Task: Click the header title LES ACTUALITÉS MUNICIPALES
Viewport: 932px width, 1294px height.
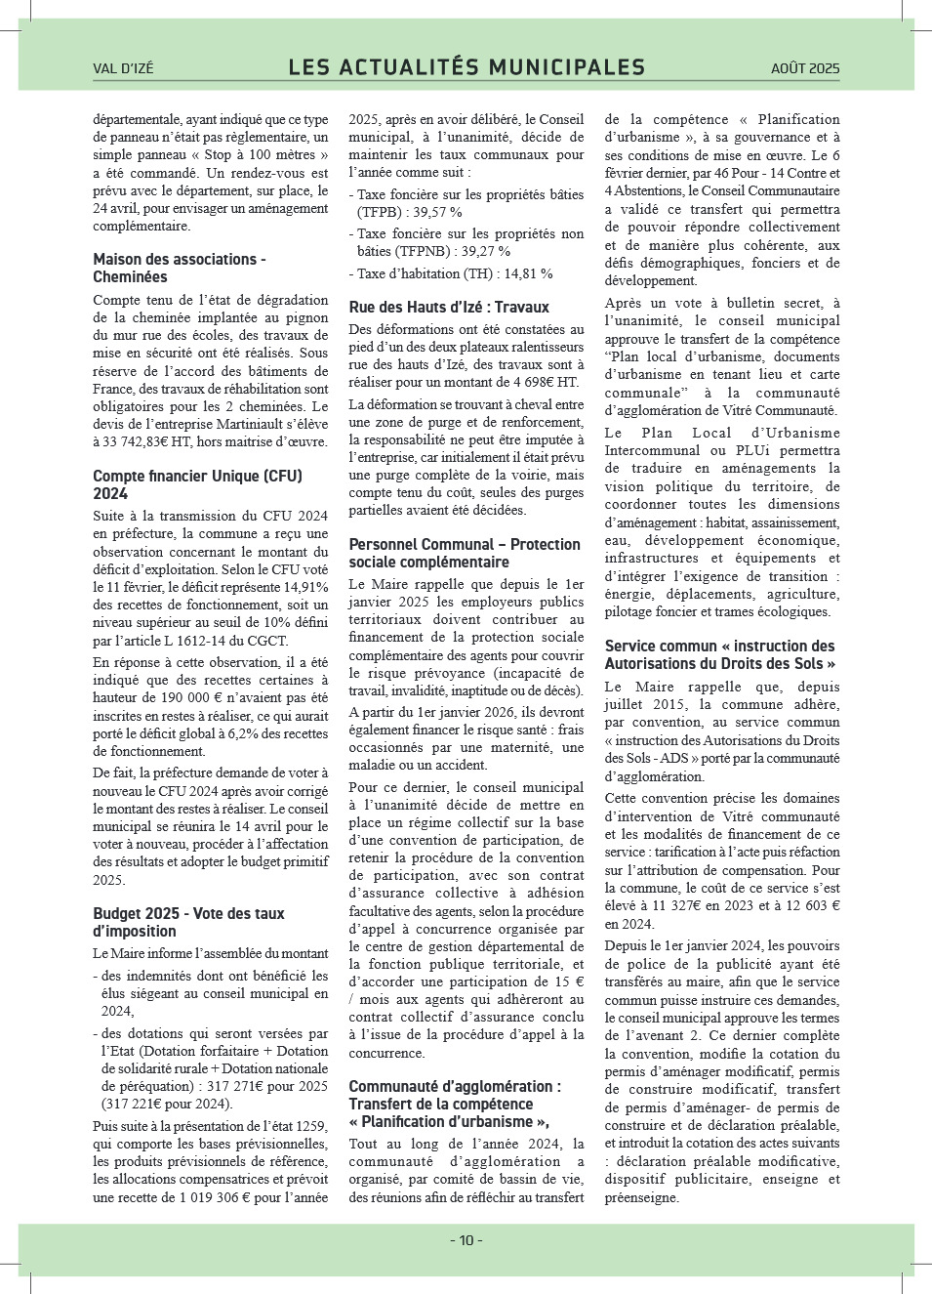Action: (x=466, y=67)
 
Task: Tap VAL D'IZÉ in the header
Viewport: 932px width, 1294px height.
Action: (x=123, y=68)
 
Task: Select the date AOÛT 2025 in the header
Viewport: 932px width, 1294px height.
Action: (x=804, y=68)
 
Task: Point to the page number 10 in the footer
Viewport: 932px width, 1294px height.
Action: (x=466, y=1240)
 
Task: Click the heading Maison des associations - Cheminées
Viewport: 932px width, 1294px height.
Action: (x=180, y=268)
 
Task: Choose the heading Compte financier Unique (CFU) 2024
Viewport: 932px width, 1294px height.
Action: (x=197, y=484)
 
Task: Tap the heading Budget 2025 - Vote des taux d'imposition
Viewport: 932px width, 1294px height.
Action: (x=188, y=922)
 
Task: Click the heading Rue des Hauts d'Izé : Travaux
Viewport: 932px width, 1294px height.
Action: (x=449, y=307)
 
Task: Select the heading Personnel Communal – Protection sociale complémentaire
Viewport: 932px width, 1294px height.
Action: (x=465, y=553)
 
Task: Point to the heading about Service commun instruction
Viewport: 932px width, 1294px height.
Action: (x=720, y=654)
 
